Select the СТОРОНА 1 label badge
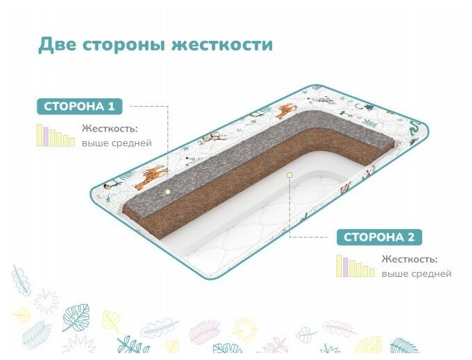click(x=80, y=107)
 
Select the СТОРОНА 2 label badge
click(x=379, y=237)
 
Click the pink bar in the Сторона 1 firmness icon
click(x=46, y=136)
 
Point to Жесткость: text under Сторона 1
click(x=109, y=129)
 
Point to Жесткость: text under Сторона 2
click(x=408, y=260)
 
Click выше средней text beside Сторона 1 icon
click(x=116, y=143)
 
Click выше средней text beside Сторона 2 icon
click(x=416, y=274)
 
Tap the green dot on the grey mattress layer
click(x=167, y=190)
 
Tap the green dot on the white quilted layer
click(x=290, y=175)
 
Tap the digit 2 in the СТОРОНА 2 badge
click(x=411, y=237)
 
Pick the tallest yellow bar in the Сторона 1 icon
click(x=39, y=135)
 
